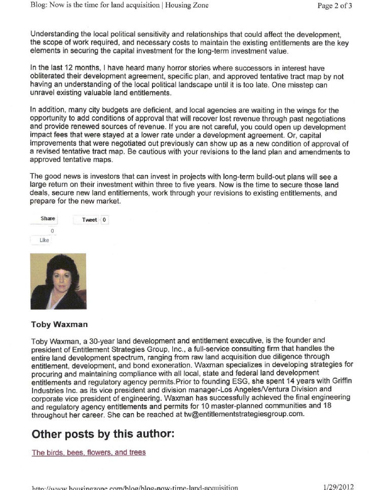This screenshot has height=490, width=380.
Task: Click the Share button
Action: click(x=48, y=219)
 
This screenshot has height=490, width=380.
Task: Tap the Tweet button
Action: click(x=89, y=220)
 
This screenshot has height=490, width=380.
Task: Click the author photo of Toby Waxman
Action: click(x=58, y=281)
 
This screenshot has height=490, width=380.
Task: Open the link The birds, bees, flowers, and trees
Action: click(x=89, y=452)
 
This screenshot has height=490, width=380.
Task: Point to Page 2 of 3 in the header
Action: click(x=335, y=6)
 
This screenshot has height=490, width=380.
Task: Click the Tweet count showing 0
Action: click(x=104, y=220)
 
